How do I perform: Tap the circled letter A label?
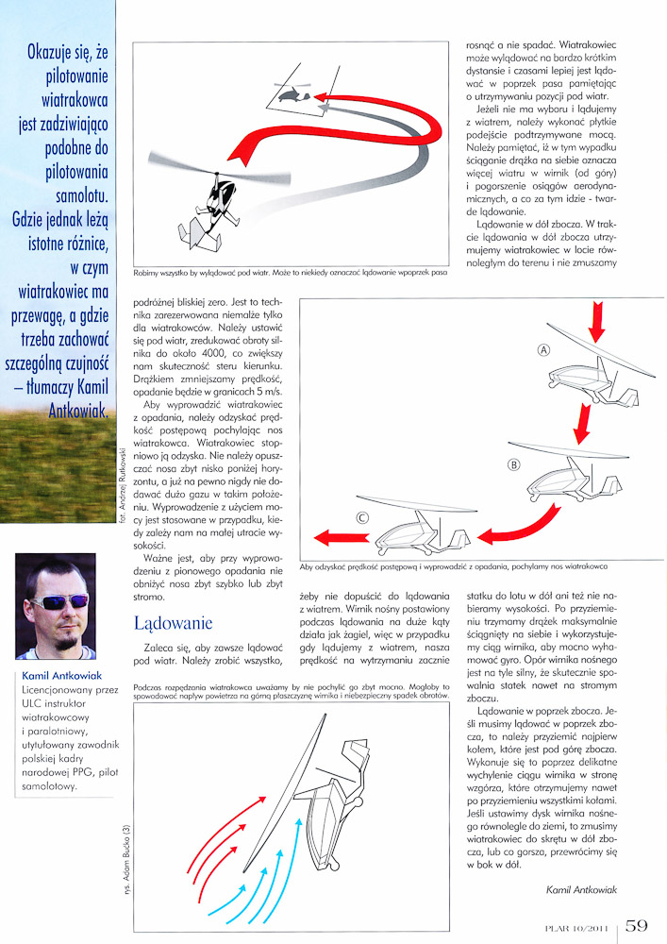(543, 349)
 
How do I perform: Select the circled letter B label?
(514, 464)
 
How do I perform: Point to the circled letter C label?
(362, 517)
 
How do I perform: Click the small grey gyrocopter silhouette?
(293, 93)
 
